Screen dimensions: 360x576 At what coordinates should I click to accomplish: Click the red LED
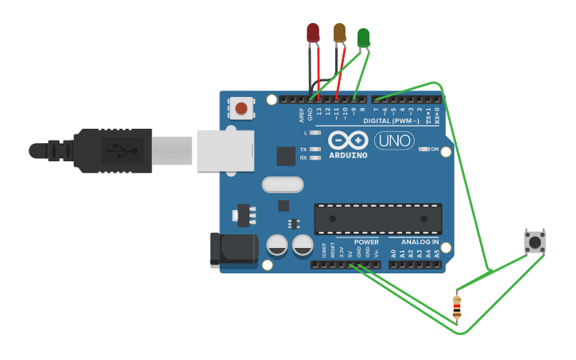[x=313, y=33]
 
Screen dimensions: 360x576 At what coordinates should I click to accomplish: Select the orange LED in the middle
[x=339, y=33]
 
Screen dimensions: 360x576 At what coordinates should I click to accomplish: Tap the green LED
[x=363, y=37]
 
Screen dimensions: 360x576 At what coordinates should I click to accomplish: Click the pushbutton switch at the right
[x=535, y=242]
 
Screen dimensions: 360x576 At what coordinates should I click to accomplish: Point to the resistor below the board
[x=457, y=306]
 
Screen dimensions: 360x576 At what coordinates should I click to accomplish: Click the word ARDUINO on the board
[x=347, y=155]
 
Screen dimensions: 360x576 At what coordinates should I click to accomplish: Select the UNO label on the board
[x=394, y=141]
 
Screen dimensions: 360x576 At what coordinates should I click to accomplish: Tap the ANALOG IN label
[x=419, y=242]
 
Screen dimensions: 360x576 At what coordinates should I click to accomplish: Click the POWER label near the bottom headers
[x=366, y=242]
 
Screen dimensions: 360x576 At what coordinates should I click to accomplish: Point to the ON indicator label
[x=435, y=149]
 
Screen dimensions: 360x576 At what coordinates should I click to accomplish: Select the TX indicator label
[x=303, y=149]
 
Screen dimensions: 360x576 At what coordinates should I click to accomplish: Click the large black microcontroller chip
[x=378, y=219]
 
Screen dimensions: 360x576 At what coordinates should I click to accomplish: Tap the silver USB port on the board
[x=226, y=151]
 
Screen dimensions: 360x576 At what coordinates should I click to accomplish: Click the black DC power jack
[x=233, y=250]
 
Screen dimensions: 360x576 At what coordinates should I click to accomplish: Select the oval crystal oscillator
[x=283, y=184]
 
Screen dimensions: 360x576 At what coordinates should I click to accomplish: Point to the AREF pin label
[x=301, y=115]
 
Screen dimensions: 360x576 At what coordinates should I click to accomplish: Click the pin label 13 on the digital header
[x=319, y=113]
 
